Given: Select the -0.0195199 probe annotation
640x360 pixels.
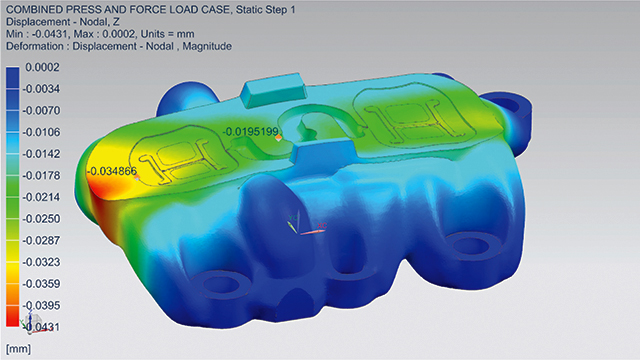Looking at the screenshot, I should tap(253, 132).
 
